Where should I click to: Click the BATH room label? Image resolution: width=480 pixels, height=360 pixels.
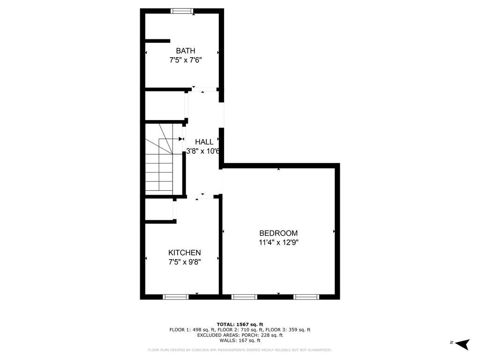tap(186, 51)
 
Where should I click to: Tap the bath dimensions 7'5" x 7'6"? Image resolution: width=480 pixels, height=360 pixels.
tap(186, 60)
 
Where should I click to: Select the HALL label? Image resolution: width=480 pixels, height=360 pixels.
tap(204, 142)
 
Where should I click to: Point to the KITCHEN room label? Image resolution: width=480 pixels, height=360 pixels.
tap(185, 253)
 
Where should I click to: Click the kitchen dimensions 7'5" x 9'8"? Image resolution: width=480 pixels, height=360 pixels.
tap(185, 262)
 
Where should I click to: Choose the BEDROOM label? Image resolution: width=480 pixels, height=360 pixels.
tap(278, 233)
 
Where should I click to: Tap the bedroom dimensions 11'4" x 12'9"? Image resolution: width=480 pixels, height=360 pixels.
tap(278, 242)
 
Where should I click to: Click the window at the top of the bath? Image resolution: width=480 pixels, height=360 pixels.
tap(182, 11)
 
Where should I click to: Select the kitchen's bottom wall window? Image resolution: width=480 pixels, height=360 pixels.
tap(175, 297)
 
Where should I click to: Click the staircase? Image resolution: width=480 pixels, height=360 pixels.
tap(159, 159)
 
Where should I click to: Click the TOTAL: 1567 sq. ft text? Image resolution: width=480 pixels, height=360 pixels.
tap(240, 324)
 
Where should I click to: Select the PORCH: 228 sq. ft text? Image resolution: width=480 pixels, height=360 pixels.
tap(262, 335)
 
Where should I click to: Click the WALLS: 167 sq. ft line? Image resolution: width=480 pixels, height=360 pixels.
tap(240, 341)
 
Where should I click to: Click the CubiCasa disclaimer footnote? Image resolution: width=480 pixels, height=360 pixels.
tap(240, 350)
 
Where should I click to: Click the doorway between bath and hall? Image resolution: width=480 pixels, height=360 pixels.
tap(205, 89)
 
